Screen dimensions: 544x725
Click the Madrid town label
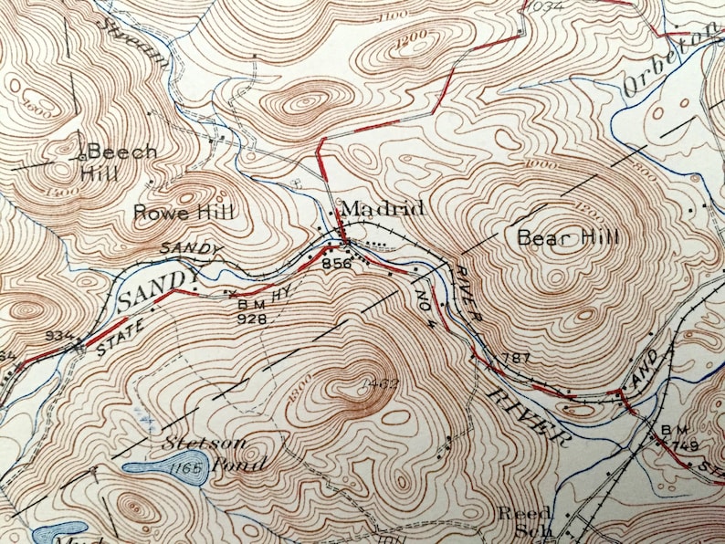(382, 209)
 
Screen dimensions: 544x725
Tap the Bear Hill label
(567, 238)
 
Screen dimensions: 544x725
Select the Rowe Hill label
(184, 213)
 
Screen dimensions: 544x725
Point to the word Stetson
(194, 444)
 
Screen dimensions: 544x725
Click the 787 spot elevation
(516, 358)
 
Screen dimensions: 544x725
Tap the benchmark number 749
(687, 445)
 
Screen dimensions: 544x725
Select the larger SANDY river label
(157, 288)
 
